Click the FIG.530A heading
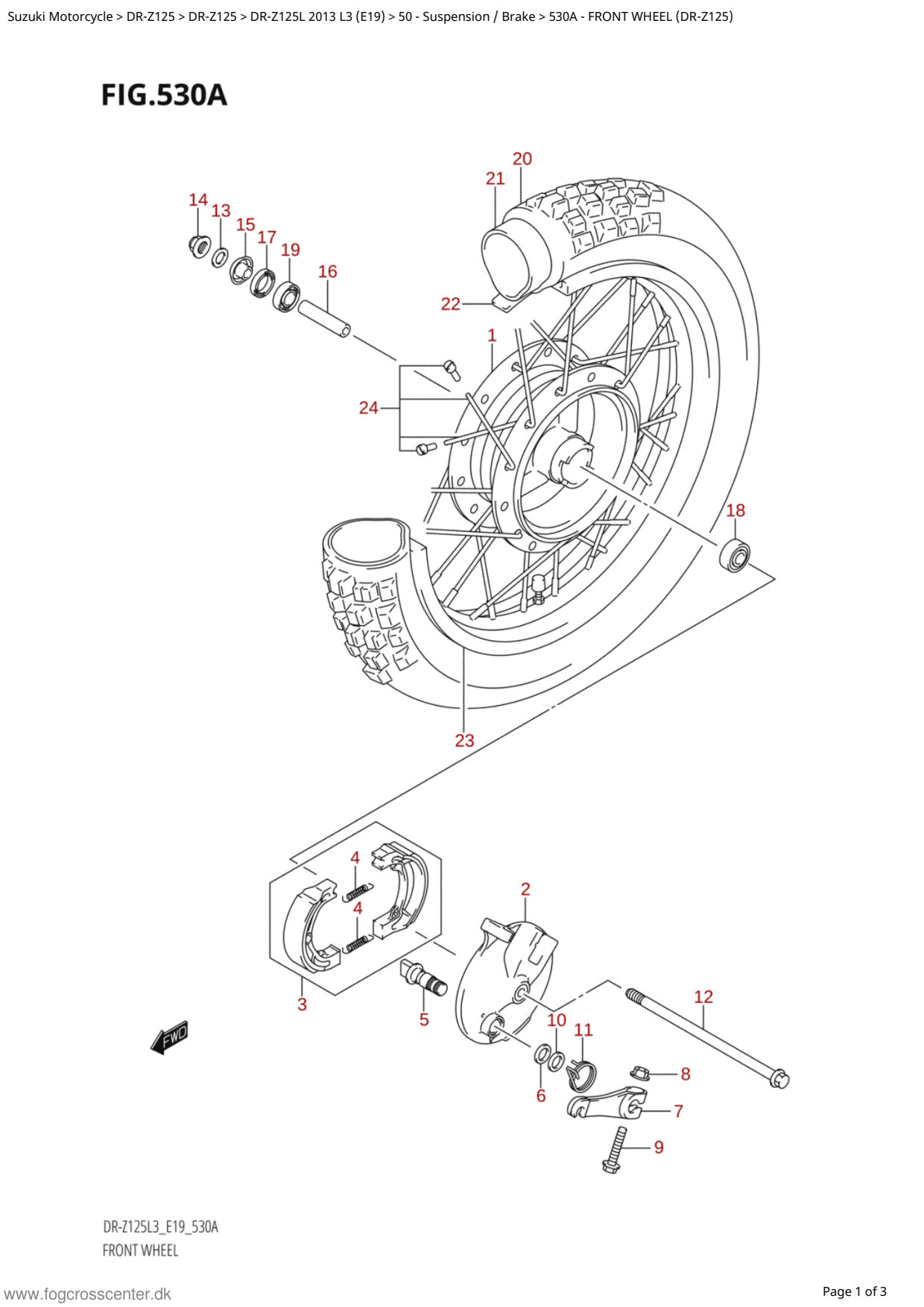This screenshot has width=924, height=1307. pos(164,95)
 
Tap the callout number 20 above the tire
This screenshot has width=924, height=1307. pos(522,159)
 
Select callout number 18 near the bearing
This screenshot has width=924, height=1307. pos(735,510)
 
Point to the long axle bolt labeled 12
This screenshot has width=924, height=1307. pos(707,1038)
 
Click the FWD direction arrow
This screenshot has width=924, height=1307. pos(169,1037)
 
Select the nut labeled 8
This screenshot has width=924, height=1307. pos(639,1073)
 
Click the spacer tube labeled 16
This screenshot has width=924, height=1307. pos(324,318)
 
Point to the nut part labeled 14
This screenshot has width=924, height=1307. pos(199,245)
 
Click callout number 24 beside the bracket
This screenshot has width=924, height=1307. pos(369,408)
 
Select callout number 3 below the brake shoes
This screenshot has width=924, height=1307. pos(302,1004)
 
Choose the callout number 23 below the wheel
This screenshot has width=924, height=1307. pos(464,741)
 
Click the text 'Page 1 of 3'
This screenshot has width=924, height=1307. pos(854,1291)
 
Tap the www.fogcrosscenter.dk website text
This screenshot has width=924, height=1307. pos(88,1294)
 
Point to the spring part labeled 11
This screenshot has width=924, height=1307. pos(581,1074)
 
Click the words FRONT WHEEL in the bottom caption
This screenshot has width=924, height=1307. pos(140,1250)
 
